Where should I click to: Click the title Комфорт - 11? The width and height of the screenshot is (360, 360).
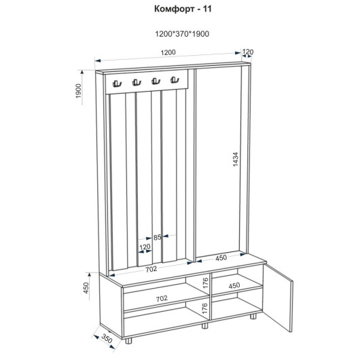(x=183, y=9)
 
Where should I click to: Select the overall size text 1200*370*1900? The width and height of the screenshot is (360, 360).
(x=182, y=34)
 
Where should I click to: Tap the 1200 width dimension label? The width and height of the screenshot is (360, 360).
(x=168, y=52)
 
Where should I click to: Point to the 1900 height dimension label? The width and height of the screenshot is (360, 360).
(x=79, y=91)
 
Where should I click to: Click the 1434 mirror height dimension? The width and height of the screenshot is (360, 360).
(x=236, y=159)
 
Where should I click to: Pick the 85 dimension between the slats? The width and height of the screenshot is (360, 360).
(x=158, y=238)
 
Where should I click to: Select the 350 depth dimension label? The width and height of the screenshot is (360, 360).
(x=107, y=338)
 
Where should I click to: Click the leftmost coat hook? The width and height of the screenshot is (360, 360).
(x=117, y=84)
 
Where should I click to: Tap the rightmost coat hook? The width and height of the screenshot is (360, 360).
(x=175, y=79)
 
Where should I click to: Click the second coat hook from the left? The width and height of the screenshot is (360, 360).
(x=137, y=82)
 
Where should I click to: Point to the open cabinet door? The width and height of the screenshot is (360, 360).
(x=278, y=298)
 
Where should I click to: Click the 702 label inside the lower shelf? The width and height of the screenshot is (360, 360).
(x=162, y=298)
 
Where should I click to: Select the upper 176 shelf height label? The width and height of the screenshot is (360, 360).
(x=206, y=283)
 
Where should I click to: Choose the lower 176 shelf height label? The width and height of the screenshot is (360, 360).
(x=205, y=308)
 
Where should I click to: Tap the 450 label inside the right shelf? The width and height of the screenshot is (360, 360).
(x=234, y=285)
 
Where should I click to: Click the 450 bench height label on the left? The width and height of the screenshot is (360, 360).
(x=86, y=288)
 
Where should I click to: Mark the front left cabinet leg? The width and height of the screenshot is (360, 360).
(x=128, y=341)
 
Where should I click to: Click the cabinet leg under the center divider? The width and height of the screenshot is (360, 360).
(x=204, y=325)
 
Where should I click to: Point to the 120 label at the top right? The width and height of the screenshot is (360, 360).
(x=247, y=52)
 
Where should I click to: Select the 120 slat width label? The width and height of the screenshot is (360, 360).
(x=145, y=247)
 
